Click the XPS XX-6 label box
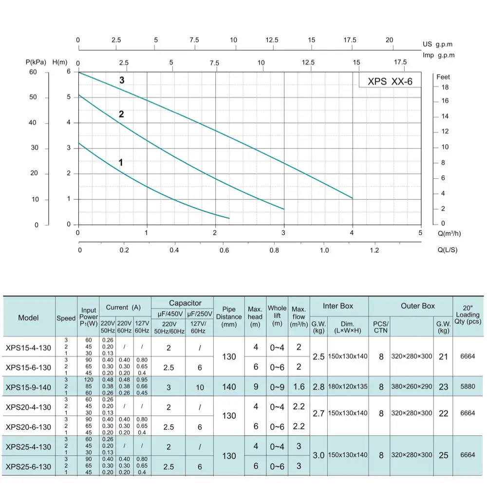pos(390,81)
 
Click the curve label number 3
pos(122,80)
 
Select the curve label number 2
pos(121,114)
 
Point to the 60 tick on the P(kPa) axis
pos(33,72)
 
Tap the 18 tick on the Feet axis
pos(445,87)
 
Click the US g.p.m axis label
pos(437,44)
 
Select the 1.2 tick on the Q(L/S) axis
pos(374,250)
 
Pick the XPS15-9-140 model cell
pos(28,387)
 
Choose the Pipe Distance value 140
pos(229,387)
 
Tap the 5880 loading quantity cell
pos(468,387)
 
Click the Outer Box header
pos(417,306)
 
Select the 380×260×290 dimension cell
pos(412,387)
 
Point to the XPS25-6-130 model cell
pos(28,467)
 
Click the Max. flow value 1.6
pos(299,387)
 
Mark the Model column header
pos(28,318)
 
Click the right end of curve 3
pos(352,198)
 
